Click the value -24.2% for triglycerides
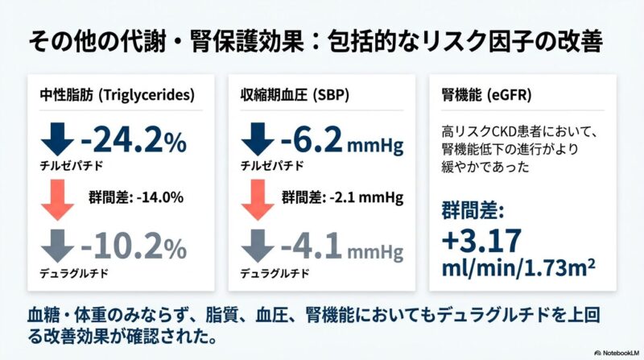point(133,143)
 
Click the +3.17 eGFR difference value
point(482,240)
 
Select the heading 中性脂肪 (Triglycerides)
point(117,95)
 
